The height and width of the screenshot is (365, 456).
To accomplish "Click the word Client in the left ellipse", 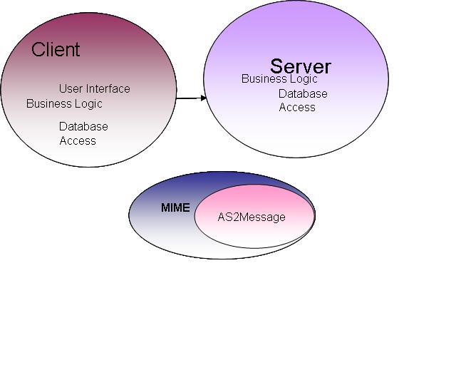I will pos(56,50).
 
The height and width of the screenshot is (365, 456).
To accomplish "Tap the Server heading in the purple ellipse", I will pos(301,67).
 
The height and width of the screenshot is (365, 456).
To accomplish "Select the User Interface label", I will pos(95,89).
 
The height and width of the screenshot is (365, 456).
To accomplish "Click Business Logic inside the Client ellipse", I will pos(64,104).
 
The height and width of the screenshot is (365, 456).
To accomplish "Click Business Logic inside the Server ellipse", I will pos(279,79).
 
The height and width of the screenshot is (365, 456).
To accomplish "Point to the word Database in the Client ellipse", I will pos(83,127).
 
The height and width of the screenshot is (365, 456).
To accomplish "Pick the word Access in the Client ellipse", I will pos(78,141).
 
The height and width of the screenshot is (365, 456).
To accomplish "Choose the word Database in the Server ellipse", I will pos(303,94).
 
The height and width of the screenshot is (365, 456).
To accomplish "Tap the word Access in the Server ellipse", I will pos(297,108).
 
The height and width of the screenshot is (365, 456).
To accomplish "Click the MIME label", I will pos(175,208).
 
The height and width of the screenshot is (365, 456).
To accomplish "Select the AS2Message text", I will pos(252,217).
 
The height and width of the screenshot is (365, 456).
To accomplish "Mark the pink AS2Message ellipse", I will pos(254,232).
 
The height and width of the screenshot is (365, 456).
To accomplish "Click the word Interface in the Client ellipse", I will pos(108,89).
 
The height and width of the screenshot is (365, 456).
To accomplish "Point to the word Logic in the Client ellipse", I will pos(88,104).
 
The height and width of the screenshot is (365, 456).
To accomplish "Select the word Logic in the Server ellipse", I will pos(304,79).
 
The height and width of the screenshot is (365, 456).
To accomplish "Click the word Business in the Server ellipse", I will pos(264,79).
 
